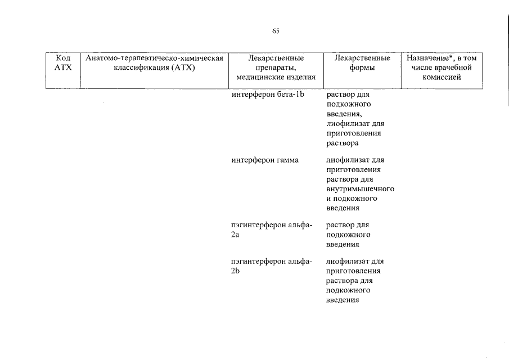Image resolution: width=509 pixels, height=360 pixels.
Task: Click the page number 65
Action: (x=276, y=31)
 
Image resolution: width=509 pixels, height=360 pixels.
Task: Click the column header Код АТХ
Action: (x=63, y=62)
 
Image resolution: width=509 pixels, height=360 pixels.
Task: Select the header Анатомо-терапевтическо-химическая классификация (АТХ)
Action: (x=154, y=62)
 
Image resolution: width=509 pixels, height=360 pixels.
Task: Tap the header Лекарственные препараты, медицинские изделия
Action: (x=276, y=67)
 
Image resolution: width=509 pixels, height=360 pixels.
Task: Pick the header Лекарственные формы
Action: (x=362, y=62)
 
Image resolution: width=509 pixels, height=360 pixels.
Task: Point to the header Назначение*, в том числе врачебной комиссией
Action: (x=442, y=67)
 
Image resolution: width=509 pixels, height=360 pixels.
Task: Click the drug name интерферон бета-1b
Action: (x=268, y=94)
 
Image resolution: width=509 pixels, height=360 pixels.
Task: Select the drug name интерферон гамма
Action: (x=265, y=160)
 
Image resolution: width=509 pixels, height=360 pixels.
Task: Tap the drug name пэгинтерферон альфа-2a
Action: (x=272, y=230)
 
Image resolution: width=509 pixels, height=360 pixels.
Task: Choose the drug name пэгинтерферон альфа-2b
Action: (x=272, y=266)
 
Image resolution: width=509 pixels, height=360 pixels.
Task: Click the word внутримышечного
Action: (x=361, y=189)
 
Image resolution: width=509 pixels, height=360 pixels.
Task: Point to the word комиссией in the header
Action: (x=442, y=77)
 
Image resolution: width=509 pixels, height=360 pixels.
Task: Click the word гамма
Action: (x=287, y=160)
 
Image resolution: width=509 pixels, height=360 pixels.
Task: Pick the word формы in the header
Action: (x=362, y=68)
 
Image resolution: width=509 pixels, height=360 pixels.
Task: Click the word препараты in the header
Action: (x=276, y=68)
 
